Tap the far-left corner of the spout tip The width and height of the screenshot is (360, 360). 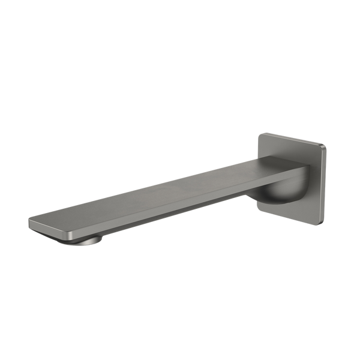[x=29, y=221]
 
